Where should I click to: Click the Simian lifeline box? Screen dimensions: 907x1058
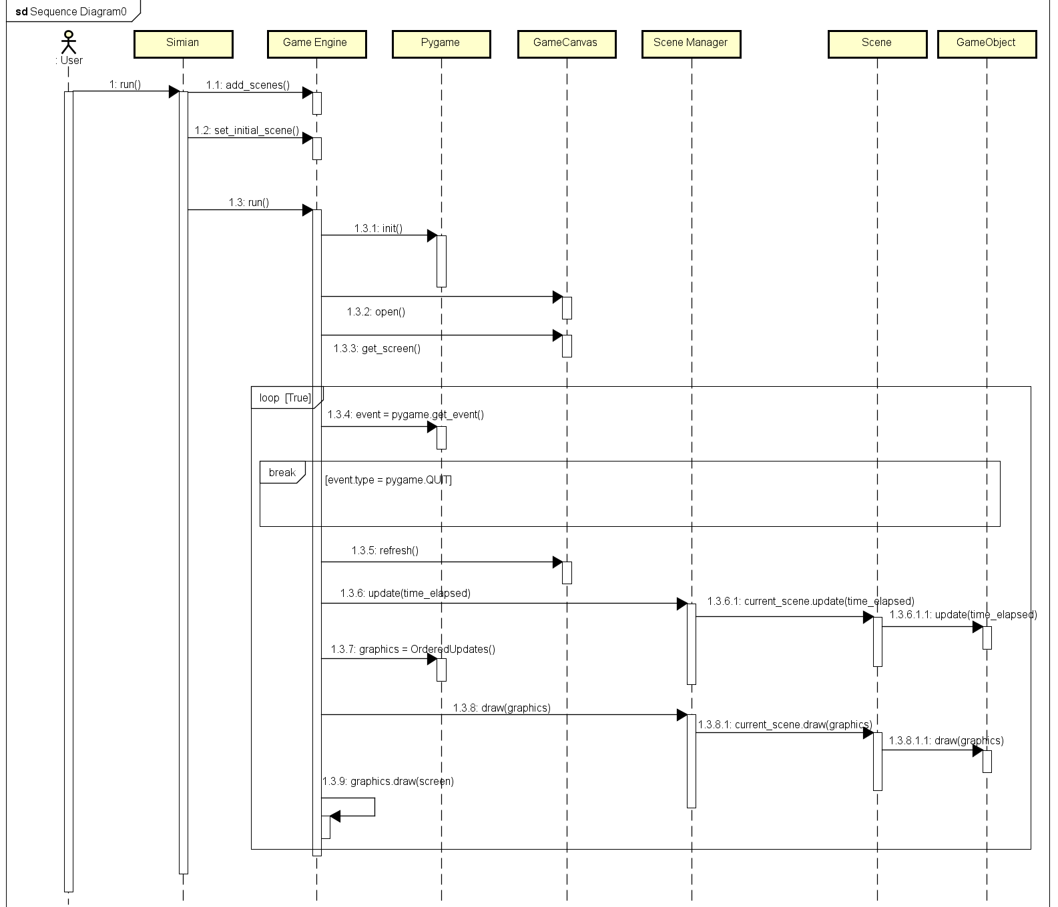[x=183, y=43]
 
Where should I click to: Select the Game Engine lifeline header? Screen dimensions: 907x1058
[x=316, y=43]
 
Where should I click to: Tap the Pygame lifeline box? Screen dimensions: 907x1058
[x=441, y=43]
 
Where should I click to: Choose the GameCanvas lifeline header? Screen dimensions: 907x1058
[x=566, y=43]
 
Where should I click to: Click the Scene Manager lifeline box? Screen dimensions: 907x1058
[x=691, y=43]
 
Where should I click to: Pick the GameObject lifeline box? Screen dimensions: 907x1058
[x=986, y=43]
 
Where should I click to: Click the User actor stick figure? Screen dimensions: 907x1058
[x=68, y=42]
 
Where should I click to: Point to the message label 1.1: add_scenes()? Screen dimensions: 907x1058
[x=248, y=85]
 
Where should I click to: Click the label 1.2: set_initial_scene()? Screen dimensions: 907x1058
[x=247, y=130]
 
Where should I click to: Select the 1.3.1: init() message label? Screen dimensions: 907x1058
[x=378, y=228]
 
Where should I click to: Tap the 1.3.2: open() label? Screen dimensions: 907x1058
[x=376, y=311]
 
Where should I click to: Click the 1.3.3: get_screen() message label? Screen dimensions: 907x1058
[x=377, y=348]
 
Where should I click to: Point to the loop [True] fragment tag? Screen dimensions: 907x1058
[x=286, y=397]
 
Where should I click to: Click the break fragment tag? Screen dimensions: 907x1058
[x=282, y=472]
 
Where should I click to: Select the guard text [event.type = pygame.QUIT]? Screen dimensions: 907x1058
[x=388, y=480]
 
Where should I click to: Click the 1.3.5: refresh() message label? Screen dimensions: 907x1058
[x=385, y=550]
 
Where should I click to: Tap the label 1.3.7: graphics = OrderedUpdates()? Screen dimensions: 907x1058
[x=413, y=649]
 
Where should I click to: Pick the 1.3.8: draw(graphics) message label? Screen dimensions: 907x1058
[x=502, y=708]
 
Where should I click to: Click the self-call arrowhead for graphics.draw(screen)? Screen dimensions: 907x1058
[x=335, y=816]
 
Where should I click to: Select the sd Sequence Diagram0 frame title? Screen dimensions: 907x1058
[x=71, y=11]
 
